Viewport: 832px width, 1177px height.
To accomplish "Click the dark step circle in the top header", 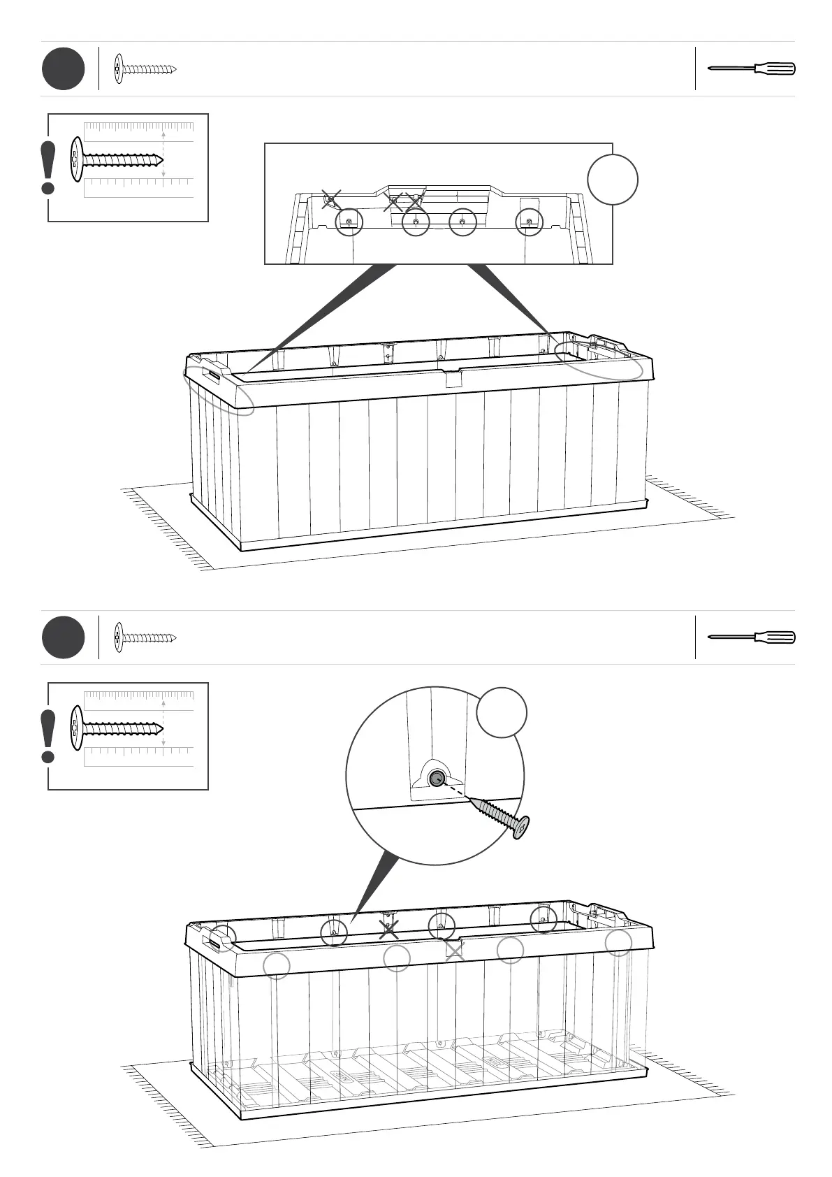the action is [63, 69].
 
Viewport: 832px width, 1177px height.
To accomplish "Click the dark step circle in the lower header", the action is [63, 637].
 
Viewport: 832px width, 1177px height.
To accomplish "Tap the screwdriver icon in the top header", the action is [752, 68].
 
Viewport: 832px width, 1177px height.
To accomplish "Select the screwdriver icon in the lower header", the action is [752, 637].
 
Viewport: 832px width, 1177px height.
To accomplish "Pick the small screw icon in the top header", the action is [145, 69].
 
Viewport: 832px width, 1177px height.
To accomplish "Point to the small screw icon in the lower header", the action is [145, 637].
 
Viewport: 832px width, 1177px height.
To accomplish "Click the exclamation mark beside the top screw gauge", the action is [48, 168].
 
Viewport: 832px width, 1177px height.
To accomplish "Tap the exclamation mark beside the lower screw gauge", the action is [48, 737].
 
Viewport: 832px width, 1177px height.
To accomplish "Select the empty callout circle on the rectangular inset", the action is [613, 180].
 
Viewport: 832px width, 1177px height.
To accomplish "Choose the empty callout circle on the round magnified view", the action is [501, 712].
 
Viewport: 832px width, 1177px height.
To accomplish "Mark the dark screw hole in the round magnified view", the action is [436, 779].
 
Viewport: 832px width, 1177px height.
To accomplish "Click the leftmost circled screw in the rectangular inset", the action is [349, 223].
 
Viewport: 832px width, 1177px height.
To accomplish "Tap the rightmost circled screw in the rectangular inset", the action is [529, 223].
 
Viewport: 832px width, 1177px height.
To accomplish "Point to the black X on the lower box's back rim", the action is [389, 929].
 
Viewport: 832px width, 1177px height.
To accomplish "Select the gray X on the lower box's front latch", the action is [455, 950].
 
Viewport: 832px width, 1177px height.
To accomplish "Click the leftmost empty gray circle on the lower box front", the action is [277, 966].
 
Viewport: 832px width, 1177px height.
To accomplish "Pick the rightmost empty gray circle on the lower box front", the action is [618, 942].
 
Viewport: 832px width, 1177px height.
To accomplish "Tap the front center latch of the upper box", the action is [453, 378].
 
